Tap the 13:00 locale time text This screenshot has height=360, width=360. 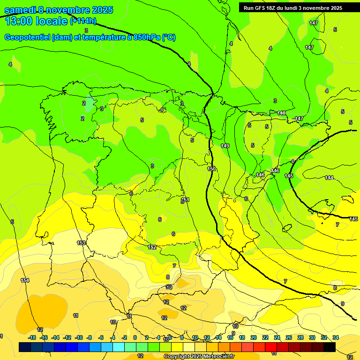(x=36, y=21)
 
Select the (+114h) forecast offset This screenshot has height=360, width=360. (x=83, y=21)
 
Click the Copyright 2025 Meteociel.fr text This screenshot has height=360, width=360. (x=199, y=357)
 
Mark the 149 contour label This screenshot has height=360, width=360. (x=225, y=146)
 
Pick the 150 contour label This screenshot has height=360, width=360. (x=211, y=169)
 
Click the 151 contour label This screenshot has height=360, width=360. (x=185, y=200)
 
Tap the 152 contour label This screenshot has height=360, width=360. (x=152, y=247)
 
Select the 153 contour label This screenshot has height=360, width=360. (x=81, y=243)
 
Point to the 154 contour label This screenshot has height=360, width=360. (x=25, y=280)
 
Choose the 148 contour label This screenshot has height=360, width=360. (x=281, y=113)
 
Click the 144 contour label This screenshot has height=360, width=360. (x=329, y=178)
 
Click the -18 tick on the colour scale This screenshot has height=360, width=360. (x=32, y=338)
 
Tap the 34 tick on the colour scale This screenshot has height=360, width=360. (x=336, y=338)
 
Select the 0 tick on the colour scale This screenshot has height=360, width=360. (x=135, y=338)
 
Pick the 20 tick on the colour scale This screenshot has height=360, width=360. (x=254, y=338)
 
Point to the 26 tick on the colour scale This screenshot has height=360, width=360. (x=289, y=338)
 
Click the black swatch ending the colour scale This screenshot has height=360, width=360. (x=330, y=347)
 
